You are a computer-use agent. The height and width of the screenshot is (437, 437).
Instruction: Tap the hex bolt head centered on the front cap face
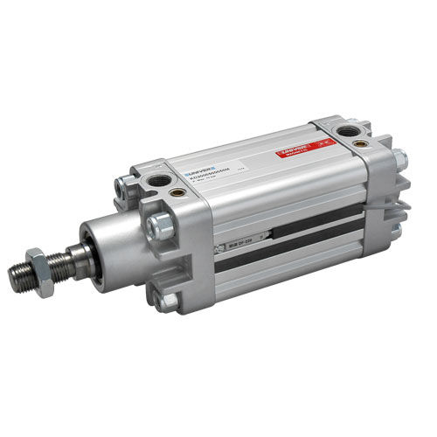(159, 227)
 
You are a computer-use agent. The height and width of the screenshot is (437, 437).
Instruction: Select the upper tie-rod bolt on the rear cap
(399, 159)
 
